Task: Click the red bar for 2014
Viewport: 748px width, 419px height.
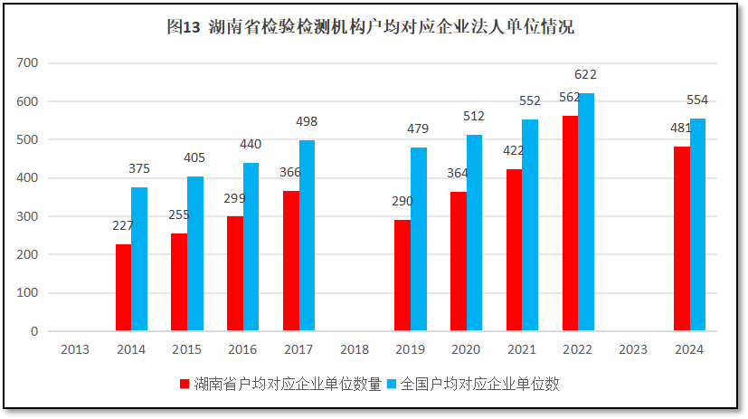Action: pos(123,288)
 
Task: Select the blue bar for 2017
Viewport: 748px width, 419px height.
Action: pos(308,235)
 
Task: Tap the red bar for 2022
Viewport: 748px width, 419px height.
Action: pos(570,224)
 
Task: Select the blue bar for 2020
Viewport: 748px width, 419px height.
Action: pos(475,233)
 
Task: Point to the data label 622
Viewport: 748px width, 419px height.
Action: pos(585,75)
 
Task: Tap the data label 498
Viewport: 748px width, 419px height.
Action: pos(307,122)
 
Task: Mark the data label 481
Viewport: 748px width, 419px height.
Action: pos(680,129)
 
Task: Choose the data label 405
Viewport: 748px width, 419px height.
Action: pos(195,157)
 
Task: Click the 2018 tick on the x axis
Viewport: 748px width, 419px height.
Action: pos(354,349)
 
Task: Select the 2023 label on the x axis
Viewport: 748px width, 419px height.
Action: pos(633,349)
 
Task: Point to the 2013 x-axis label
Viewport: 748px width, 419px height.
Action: pos(75,349)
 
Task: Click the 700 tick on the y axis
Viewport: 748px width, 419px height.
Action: pos(27,63)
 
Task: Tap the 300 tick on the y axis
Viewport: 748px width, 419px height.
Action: pos(27,216)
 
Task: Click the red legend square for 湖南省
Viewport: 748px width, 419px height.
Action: pos(185,385)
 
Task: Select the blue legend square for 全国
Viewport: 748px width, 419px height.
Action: pos(392,385)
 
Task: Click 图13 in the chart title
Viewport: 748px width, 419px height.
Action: pos(183,28)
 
